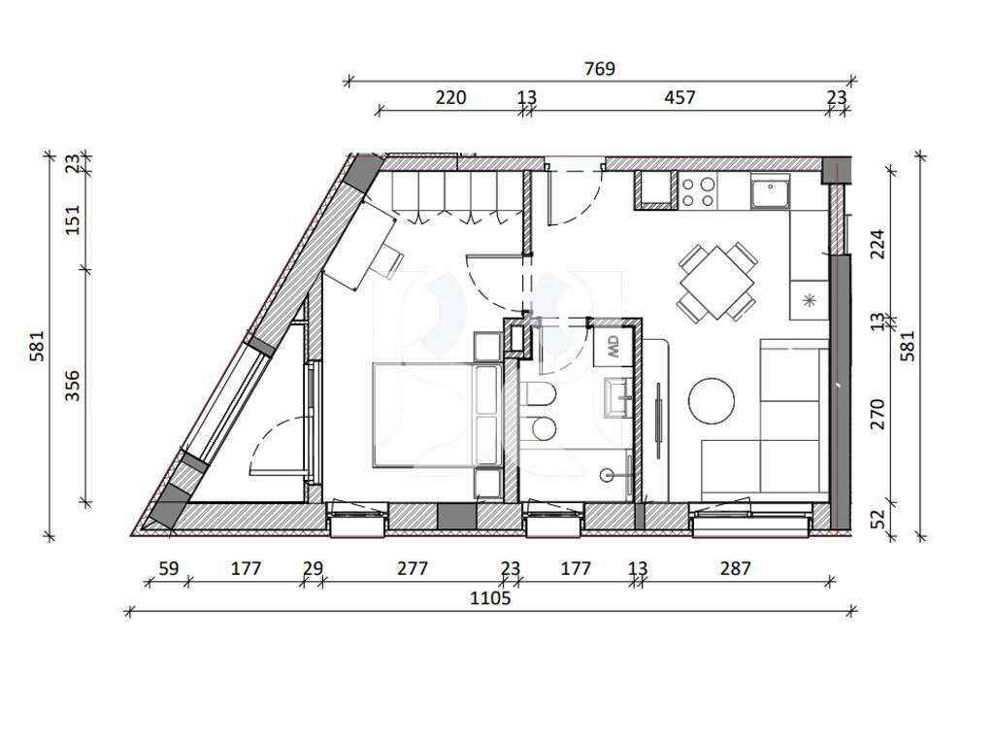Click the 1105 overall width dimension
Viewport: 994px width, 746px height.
click(x=490, y=597)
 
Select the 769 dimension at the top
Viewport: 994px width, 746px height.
click(x=599, y=68)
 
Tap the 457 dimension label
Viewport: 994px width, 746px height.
click(x=679, y=97)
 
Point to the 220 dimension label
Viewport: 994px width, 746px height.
click(x=450, y=97)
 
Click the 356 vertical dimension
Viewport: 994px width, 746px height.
click(x=73, y=386)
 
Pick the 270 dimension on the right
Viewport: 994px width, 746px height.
click(x=878, y=414)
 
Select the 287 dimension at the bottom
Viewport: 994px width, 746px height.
click(x=736, y=567)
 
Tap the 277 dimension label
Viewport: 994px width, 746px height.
click(x=413, y=567)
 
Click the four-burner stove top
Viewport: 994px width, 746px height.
click(x=697, y=191)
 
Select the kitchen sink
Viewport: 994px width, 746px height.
click(x=770, y=191)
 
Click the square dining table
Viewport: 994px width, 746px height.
click(x=717, y=283)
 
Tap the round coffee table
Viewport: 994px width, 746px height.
click(x=712, y=400)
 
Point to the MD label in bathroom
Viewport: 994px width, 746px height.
click(x=613, y=347)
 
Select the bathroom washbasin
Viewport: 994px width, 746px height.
click(x=617, y=397)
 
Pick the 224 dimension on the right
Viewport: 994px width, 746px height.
click(x=878, y=244)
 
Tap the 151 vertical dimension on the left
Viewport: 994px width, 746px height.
click(x=73, y=219)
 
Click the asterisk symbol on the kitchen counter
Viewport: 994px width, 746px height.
click(x=809, y=300)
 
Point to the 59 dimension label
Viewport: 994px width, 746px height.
click(x=169, y=567)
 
